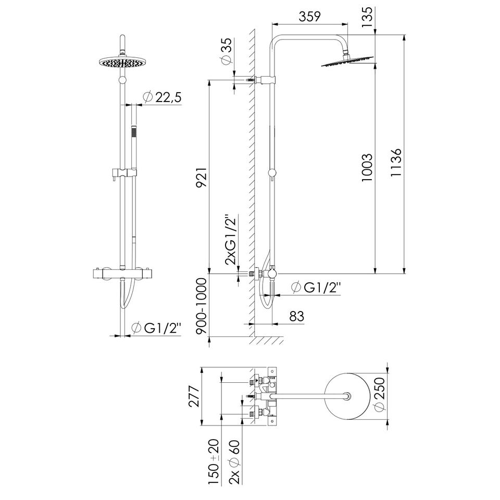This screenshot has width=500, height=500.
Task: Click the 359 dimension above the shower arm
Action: (x=309, y=16)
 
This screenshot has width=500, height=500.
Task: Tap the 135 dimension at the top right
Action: (x=367, y=16)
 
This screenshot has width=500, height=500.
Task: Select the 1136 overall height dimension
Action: (x=396, y=162)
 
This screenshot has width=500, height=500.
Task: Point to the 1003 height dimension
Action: (x=367, y=167)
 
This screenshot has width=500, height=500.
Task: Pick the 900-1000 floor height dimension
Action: (x=201, y=306)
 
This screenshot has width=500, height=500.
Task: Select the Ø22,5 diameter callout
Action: (x=162, y=97)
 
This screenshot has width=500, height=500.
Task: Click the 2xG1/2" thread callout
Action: (x=231, y=240)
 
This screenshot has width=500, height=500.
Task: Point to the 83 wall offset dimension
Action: (x=297, y=316)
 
